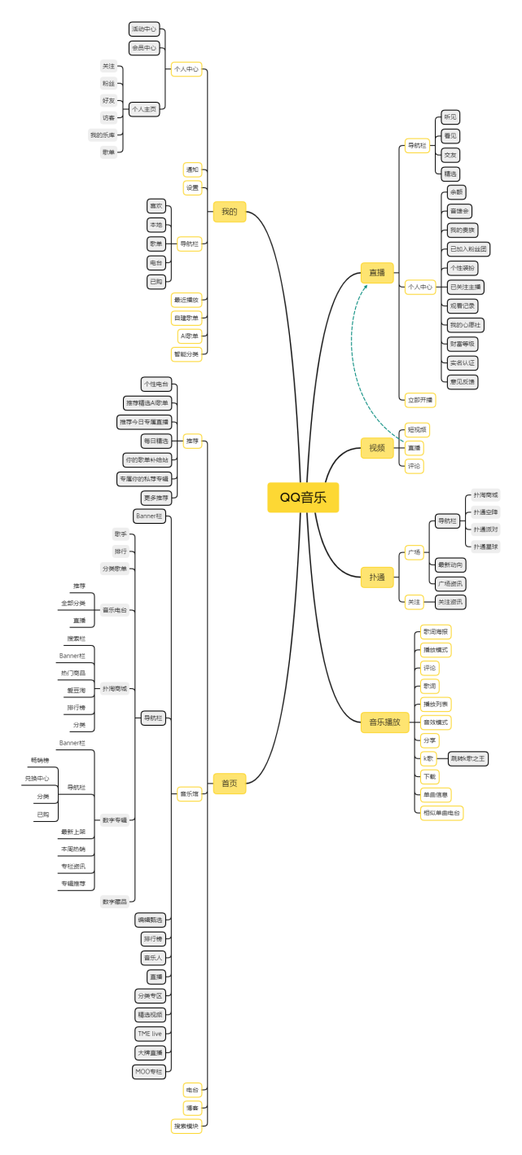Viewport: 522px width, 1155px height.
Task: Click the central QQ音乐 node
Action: tap(303, 498)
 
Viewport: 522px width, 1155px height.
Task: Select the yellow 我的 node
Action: tap(229, 212)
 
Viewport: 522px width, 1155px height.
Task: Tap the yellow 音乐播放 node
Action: tap(384, 722)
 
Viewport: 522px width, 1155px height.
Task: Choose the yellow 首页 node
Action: tap(229, 783)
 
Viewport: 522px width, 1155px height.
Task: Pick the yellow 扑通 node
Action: tap(377, 577)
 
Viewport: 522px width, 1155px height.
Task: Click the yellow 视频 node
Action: tap(377, 448)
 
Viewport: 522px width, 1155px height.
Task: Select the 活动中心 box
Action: tap(144, 29)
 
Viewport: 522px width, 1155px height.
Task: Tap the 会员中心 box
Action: tap(144, 47)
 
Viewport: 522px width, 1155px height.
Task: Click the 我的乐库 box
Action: tap(103, 134)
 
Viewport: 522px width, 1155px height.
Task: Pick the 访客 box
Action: tap(108, 117)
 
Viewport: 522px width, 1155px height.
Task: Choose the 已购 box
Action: tap(156, 281)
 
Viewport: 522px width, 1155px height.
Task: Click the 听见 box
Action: tap(450, 117)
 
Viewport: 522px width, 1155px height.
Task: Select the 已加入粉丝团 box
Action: tap(468, 249)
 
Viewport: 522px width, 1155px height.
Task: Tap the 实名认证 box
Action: tap(463, 362)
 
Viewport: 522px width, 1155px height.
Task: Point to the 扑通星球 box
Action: tap(486, 547)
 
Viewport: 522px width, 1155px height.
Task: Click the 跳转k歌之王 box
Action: tap(468, 758)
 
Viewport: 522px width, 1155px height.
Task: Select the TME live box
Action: tap(150, 1034)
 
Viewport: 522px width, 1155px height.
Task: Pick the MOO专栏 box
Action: tap(149, 1071)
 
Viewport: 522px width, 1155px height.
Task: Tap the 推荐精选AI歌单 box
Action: tap(147, 403)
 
